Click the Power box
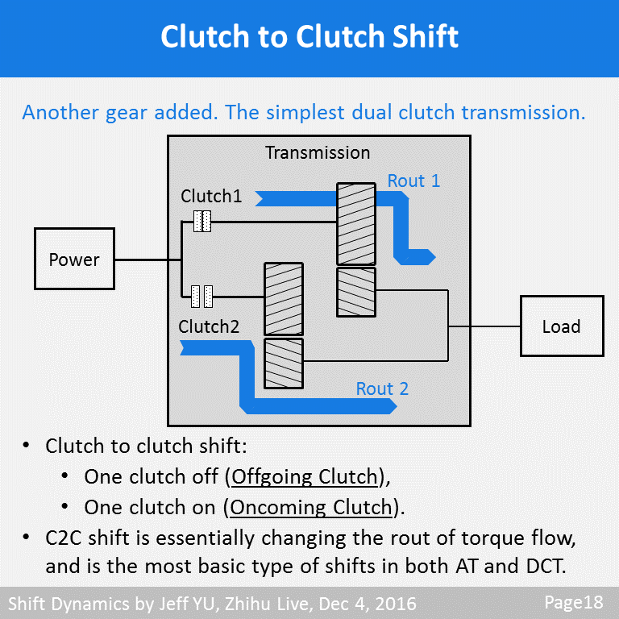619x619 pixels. [74, 259]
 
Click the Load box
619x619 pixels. [561, 326]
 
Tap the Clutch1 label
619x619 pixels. [211, 196]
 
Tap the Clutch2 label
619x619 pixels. [209, 326]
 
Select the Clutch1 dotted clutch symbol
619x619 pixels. [202, 222]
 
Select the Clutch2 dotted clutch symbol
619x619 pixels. [201, 297]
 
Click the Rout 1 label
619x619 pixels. [413, 181]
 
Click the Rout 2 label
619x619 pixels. [382, 388]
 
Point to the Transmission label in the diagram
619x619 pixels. [318, 152]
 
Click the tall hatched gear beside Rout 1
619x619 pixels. [355, 223]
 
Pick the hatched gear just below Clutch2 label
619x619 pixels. [284, 363]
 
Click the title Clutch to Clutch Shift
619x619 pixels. [309, 37]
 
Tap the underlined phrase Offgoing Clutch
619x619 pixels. [305, 476]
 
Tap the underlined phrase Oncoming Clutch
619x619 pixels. [311, 508]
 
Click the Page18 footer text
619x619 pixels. [573, 602]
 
